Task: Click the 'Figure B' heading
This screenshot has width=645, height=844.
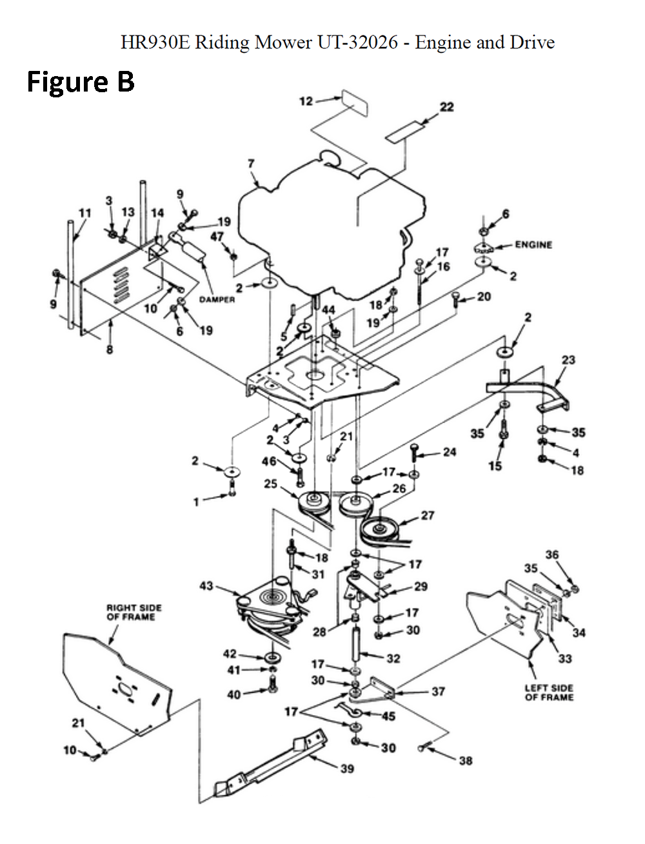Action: tap(81, 81)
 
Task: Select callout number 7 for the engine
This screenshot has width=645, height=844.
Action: tap(251, 164)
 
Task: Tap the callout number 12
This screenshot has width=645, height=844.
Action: tap(306, 101)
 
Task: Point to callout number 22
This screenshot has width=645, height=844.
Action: tap(446, 107)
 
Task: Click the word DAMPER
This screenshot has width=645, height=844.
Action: tap(217, 300)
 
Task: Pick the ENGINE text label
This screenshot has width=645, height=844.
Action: tap(533, 245)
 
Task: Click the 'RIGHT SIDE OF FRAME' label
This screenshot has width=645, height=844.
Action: tap(134, 613)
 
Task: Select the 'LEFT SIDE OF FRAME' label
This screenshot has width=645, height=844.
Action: tap(550, 692)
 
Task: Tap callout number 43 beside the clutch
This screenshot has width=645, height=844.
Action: tap(206, 585)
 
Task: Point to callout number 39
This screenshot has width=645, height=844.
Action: tap(347, 769)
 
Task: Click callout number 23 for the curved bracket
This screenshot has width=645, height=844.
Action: tap(568, 360)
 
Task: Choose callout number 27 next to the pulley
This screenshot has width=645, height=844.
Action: tap(427, 515)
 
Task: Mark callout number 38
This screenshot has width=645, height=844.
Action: tap(466, 760)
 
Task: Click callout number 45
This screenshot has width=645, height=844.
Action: tap(388, 716)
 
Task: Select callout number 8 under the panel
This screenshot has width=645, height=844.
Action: tap(110, 349)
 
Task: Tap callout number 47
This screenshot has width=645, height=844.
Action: tap(217, 237)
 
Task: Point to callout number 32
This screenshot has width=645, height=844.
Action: tap(393, 659)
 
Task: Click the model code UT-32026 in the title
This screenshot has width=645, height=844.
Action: tap(357, 43)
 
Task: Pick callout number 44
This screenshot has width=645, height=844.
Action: tap(328, 310)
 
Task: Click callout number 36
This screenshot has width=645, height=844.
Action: tap(552, 554)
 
